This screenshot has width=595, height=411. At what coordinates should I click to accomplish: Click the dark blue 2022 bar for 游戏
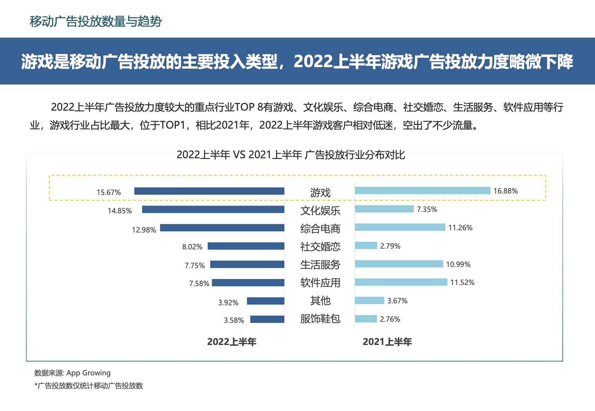(x=209, y=191)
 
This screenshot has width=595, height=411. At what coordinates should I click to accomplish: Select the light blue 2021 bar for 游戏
(x=423, y=190)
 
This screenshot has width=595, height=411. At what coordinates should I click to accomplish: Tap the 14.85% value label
(x=120, y=211)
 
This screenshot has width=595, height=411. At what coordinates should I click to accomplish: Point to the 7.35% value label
(x=427, y=209)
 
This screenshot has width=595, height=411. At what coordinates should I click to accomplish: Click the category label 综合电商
(x=320, y=228)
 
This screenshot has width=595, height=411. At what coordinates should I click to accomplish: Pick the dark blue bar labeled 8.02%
(x=246, y=246)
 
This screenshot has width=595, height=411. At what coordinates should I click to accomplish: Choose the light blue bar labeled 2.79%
(x=366, y=246)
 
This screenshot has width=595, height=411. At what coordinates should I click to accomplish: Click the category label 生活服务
(x=320, y=265)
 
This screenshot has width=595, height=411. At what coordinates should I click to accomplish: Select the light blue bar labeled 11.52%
(x=401, y=282)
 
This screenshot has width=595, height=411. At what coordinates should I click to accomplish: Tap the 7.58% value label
(x=199, y=283)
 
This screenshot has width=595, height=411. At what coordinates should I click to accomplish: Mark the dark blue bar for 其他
(x=265, y=301)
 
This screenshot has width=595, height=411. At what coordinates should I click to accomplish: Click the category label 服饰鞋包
(x=320, y=319)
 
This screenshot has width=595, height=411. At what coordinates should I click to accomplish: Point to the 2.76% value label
(x=390, y=319)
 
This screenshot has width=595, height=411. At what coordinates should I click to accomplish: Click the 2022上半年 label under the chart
(x=232, y=342)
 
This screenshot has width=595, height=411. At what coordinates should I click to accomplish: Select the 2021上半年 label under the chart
(x=387, y=342)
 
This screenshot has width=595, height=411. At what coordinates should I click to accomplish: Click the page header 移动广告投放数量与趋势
(x=96, y=21)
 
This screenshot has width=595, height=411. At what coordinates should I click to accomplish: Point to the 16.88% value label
(x=505, y=191)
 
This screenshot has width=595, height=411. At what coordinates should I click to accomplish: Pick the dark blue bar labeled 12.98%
(x=222, y=228)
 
